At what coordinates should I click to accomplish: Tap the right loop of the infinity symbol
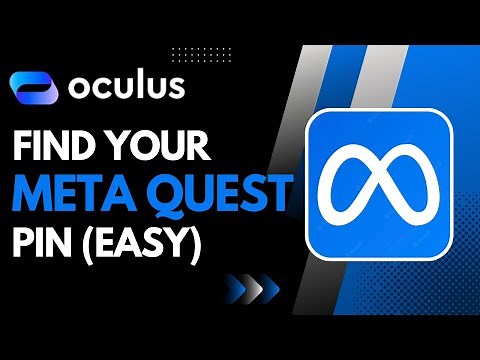click(x=412, y=187)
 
